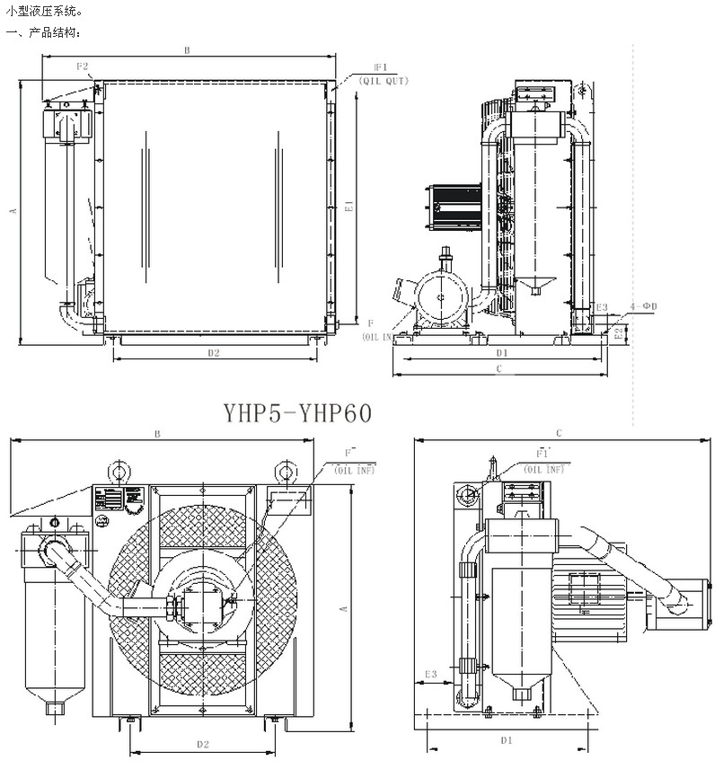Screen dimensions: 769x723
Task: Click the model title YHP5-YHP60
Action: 297,412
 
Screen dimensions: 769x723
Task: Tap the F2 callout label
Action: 82,66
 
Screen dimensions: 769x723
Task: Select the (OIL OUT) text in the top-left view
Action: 384,81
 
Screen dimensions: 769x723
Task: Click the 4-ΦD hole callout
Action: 644,307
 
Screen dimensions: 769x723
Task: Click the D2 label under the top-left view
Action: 214,352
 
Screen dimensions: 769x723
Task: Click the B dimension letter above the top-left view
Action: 187,51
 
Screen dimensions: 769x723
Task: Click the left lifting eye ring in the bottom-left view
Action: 116,471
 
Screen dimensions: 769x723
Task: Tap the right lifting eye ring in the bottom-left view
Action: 284,471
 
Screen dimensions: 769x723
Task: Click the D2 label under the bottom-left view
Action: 202,744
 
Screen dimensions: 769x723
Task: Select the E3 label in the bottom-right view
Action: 430,673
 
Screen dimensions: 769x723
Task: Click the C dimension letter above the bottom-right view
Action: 559,432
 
